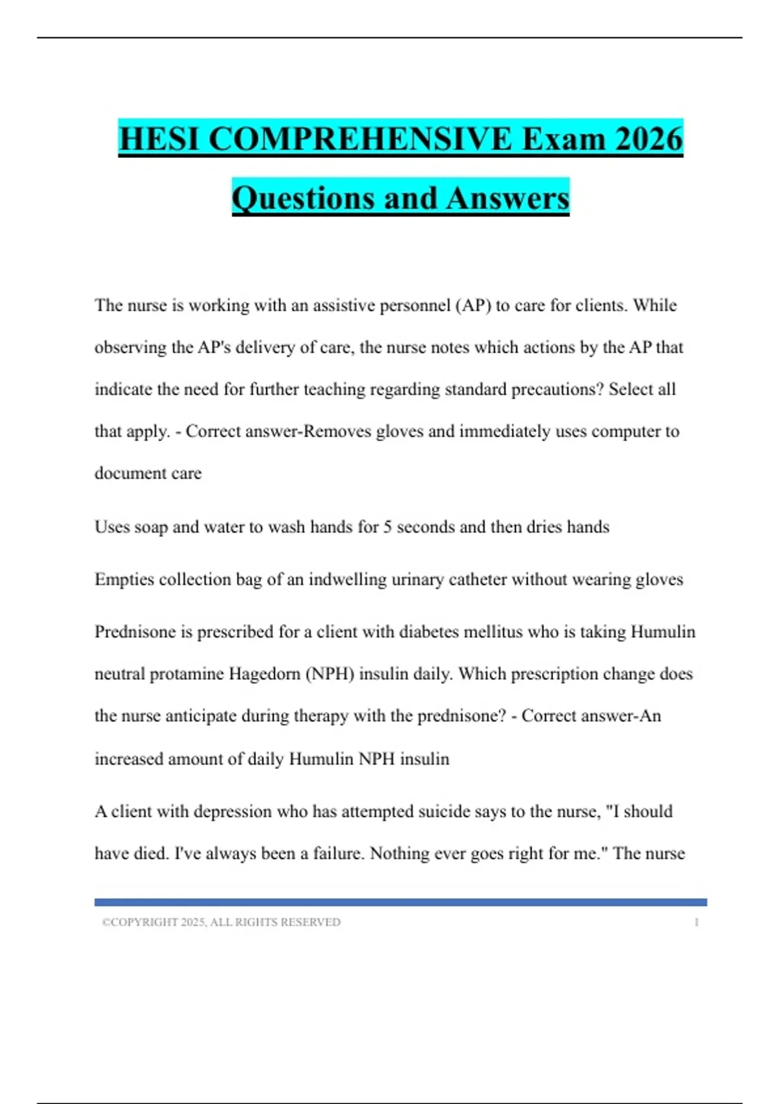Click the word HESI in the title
click(159, 139)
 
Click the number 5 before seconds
click(387, 527)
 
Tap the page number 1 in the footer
click(696, 922)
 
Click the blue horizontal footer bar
click(400, 902)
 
